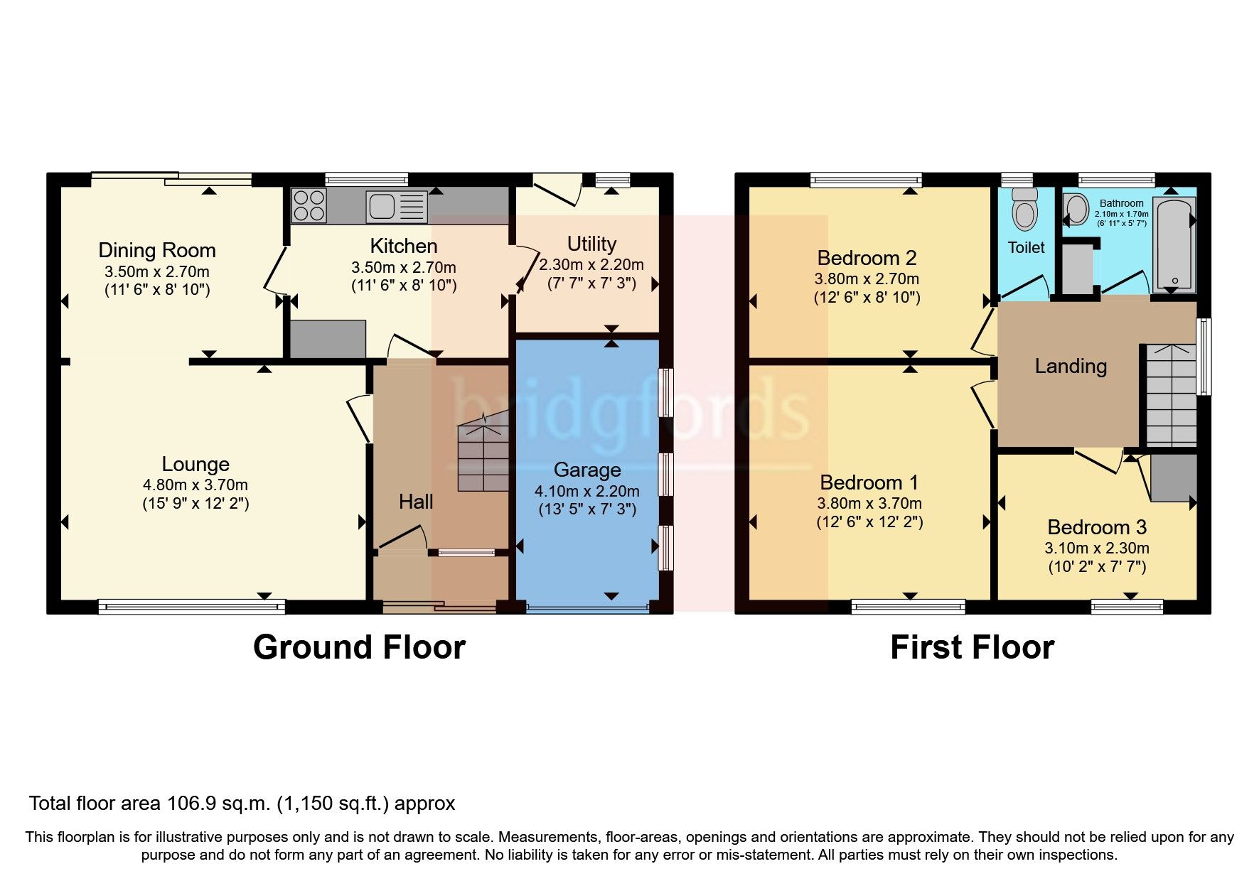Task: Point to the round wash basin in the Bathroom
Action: coord(1076,210)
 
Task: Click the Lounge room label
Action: coord(195,464)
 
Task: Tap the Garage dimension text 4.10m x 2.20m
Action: coord(586,491)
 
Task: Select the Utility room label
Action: coord(591,244)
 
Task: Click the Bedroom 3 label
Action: coord(1097,527)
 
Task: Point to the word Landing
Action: coord(1070,366)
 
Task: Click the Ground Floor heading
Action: coord(359,647)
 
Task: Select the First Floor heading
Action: coord(972,647)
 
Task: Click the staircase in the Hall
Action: coord(483,455)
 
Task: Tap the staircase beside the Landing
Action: coord(1170,395)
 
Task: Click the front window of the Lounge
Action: coord(191,606)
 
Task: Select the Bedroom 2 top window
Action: coord(866,180)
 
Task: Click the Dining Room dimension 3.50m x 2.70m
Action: coord(157,271)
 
